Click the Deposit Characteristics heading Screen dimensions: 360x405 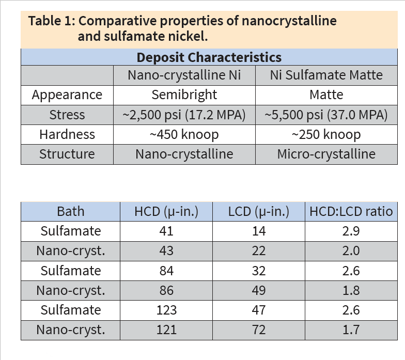click(209, 57)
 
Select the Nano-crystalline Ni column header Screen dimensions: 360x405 click(184, 75)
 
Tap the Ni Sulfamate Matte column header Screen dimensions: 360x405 click(326, 75)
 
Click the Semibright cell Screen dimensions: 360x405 click(184, 95)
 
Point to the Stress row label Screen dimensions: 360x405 click(67, 115)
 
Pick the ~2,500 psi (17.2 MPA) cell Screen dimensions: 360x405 click(184, 115)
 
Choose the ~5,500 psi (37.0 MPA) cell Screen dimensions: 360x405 click(326, 115)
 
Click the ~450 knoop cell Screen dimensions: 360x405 click(184, 134)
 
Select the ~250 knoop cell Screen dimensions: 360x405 click(326, 134)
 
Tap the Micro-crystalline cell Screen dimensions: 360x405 click(326, 154)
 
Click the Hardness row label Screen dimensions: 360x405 click(67, 134)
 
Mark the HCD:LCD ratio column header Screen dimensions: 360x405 click(351, 211)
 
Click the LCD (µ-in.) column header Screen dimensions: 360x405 click(258, 211)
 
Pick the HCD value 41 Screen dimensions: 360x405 click(166, 231)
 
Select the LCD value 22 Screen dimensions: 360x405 click(258, 251)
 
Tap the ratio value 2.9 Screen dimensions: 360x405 click(351, 231)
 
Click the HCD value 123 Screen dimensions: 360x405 click(166, 310)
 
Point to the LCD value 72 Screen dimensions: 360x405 click(258, 330)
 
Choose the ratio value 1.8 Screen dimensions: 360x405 click(351, 290)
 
